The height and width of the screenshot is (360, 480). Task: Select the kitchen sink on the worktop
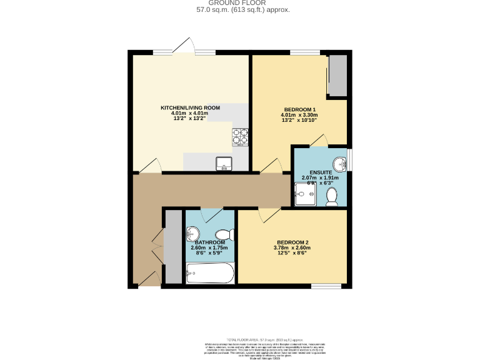click(224, 164)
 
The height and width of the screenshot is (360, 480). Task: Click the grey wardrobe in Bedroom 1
click(338, 76)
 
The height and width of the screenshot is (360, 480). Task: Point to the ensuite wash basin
click(339, 164)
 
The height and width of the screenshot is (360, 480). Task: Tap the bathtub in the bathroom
click(210, 272)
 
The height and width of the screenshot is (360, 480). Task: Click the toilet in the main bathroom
click(228, 235)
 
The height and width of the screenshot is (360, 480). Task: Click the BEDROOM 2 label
click(293, 242)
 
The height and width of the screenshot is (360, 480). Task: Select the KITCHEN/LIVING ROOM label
click(191, 108)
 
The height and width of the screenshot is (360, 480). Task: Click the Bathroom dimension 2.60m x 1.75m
click(209, 248)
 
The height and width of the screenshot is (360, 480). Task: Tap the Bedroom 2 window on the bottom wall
click(326, 286)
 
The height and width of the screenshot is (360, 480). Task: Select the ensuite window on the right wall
click(349, 159)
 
